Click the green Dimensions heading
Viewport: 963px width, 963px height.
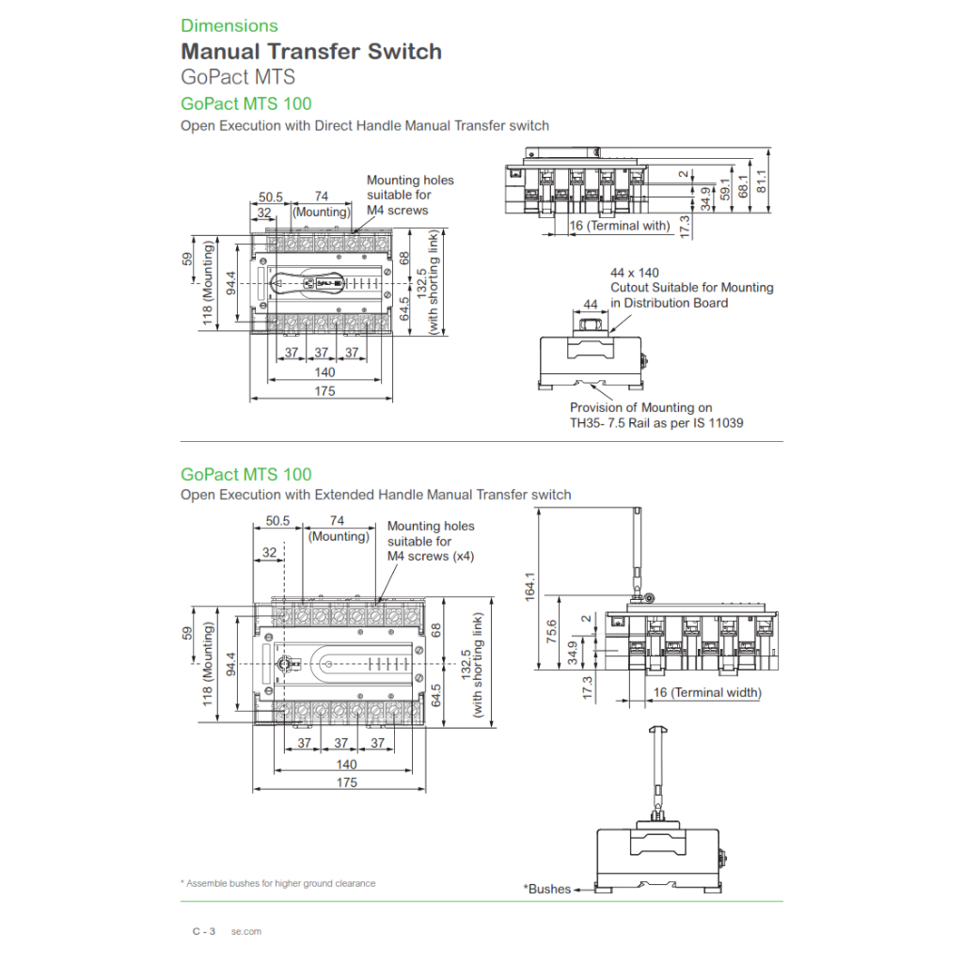tap(229, 25)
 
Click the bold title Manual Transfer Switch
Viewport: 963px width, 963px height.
tap(311, 52)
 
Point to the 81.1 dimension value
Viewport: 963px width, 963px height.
tap(761, 175)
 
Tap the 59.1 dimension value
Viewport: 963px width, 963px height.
tap(724, 188)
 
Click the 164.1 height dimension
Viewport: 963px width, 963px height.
tap(530, 586)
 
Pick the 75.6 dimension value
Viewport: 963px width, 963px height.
tap(552, 635)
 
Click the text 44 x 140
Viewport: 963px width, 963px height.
tap(635, 273)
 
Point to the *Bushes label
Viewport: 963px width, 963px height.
tap(547, 889)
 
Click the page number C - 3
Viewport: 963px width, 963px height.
tap(204, 932)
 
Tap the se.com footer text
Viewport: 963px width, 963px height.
tap(246, 932)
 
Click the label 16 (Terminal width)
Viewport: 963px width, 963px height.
tap(707, 693)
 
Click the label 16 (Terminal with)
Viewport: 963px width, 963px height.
tap(620, 226)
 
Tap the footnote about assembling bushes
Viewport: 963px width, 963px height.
tap(277, 883)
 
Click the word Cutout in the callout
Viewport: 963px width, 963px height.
tap(632, 288)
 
